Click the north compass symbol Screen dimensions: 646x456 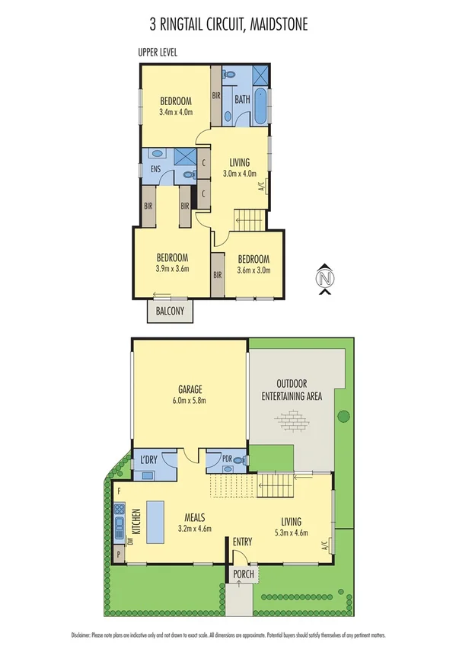325,278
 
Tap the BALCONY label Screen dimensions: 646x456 170,311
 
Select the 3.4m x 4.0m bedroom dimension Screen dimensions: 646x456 176,113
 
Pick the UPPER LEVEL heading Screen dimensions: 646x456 158,52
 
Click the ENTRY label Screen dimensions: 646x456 243,542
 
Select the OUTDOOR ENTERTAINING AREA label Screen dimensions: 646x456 292,389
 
